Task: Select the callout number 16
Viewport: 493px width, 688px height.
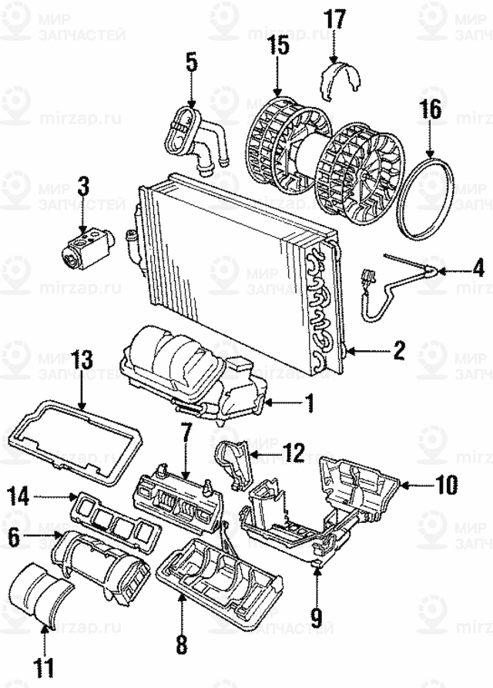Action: (430, 110)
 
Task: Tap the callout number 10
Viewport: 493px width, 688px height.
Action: (447, 485)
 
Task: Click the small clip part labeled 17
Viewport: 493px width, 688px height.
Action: (340, 81)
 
